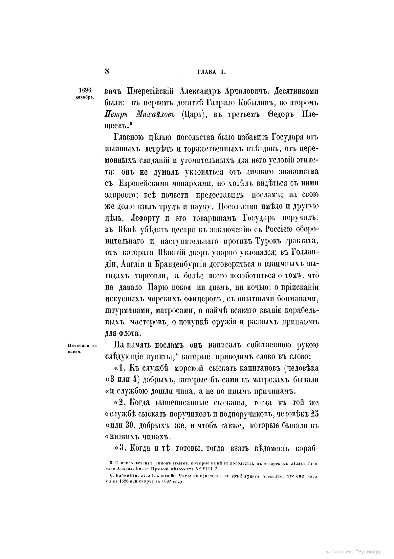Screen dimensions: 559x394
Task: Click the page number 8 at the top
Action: (x=107, y=72)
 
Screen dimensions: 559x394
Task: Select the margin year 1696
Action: (x=85, y=90)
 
